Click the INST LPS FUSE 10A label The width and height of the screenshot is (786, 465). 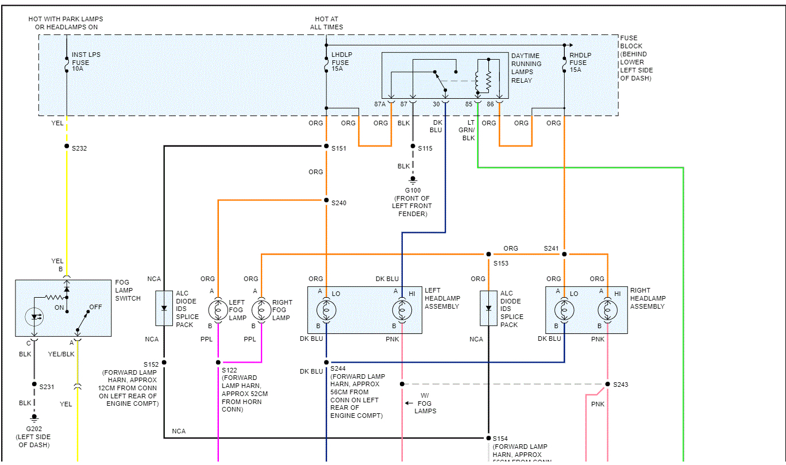coord(86,62)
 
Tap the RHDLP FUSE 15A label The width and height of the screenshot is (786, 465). coord(579,62)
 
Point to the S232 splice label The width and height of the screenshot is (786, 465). coord(79,148)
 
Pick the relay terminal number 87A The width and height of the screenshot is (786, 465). coord(380,105)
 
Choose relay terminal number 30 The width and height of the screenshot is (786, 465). coord(436,105)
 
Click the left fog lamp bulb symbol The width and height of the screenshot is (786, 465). coord(218,310)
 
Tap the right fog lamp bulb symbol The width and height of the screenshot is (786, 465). coord(261,310)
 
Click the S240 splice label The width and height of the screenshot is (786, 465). coord(339,203)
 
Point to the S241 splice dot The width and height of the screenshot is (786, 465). coord(564,254)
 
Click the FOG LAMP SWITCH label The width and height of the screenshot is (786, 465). coord(128,290)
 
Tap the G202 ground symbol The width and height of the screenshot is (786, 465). coord(34,418)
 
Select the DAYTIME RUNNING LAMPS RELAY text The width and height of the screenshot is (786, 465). coord(526,68)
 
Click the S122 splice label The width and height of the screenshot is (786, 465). coord(229,370)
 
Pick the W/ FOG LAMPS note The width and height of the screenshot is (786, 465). coord(425,403)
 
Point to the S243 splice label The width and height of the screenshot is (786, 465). coord(621,385)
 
